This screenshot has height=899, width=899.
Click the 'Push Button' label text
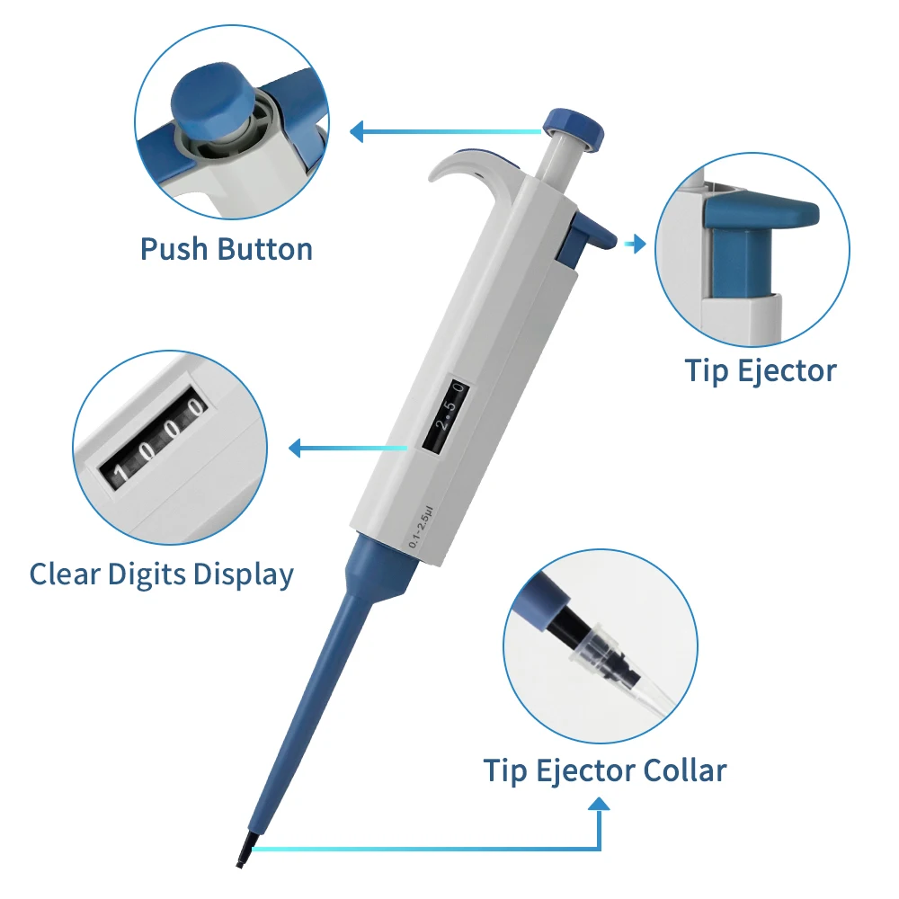(x=227, y=249)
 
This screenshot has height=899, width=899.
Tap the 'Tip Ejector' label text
(x=761, y=370)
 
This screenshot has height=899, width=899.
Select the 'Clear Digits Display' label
(x=162, y=574)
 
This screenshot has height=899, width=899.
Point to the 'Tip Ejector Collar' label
(x=605, y=770)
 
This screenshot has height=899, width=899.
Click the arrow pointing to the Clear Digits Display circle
(x=297, y=447)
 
